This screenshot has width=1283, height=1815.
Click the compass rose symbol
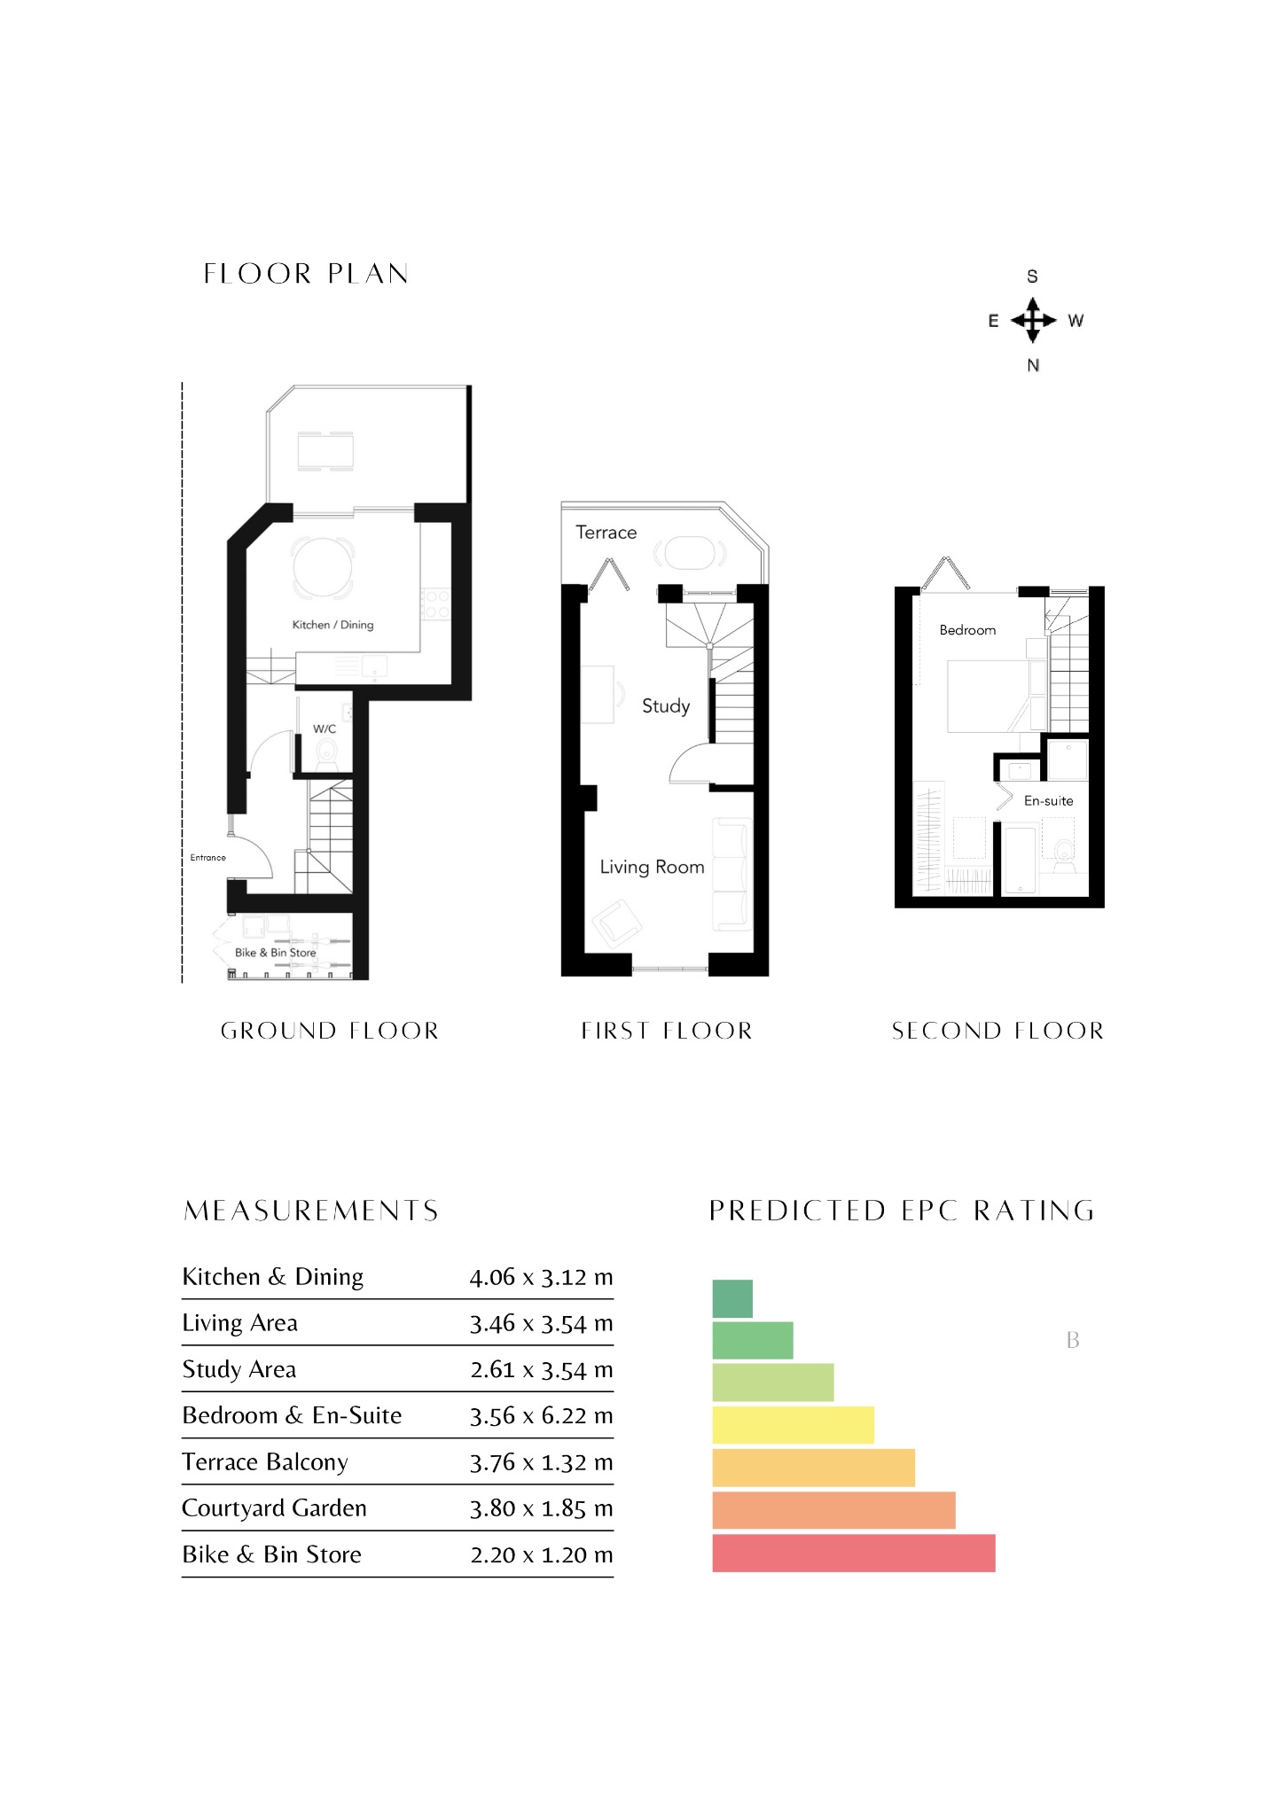click(1033, 320)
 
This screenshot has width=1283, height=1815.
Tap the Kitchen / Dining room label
click(332, 625)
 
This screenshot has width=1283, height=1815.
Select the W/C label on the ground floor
click(325, 728)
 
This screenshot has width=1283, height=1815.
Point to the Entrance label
click(207, 857)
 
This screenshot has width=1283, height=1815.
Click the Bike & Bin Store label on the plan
click(275, 953)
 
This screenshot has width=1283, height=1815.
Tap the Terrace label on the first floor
click(606, 532)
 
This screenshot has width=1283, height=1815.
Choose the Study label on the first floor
click(666, 706)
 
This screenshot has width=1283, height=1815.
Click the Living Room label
click(652, 867)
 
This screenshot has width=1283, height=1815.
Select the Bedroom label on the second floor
click(967, 630)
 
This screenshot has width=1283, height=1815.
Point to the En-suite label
click(1048, 800)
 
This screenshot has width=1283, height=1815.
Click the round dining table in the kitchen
click(323, 567)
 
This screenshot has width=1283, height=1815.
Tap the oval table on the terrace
click(690, 554)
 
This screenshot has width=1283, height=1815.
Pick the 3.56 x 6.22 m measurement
click(541, 1415)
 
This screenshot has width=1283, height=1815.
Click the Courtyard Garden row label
click(274, 1508)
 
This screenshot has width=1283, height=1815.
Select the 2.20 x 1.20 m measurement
click(541, 1554)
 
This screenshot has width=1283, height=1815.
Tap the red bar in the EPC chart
click(854, 1554)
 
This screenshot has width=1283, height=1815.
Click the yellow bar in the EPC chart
click(793, 1424)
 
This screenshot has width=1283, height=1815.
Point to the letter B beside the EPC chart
click(1073, 1340)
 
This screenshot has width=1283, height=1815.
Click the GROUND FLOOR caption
click(330, 1031)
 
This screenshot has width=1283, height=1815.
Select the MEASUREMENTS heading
click(311, 1211)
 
